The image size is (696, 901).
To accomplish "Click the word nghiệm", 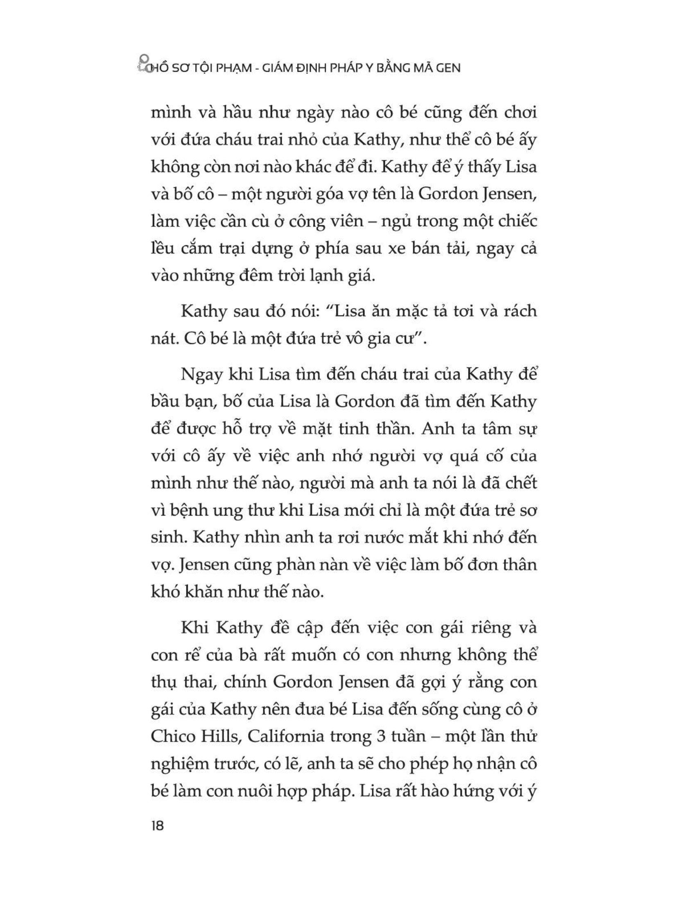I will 183,765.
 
